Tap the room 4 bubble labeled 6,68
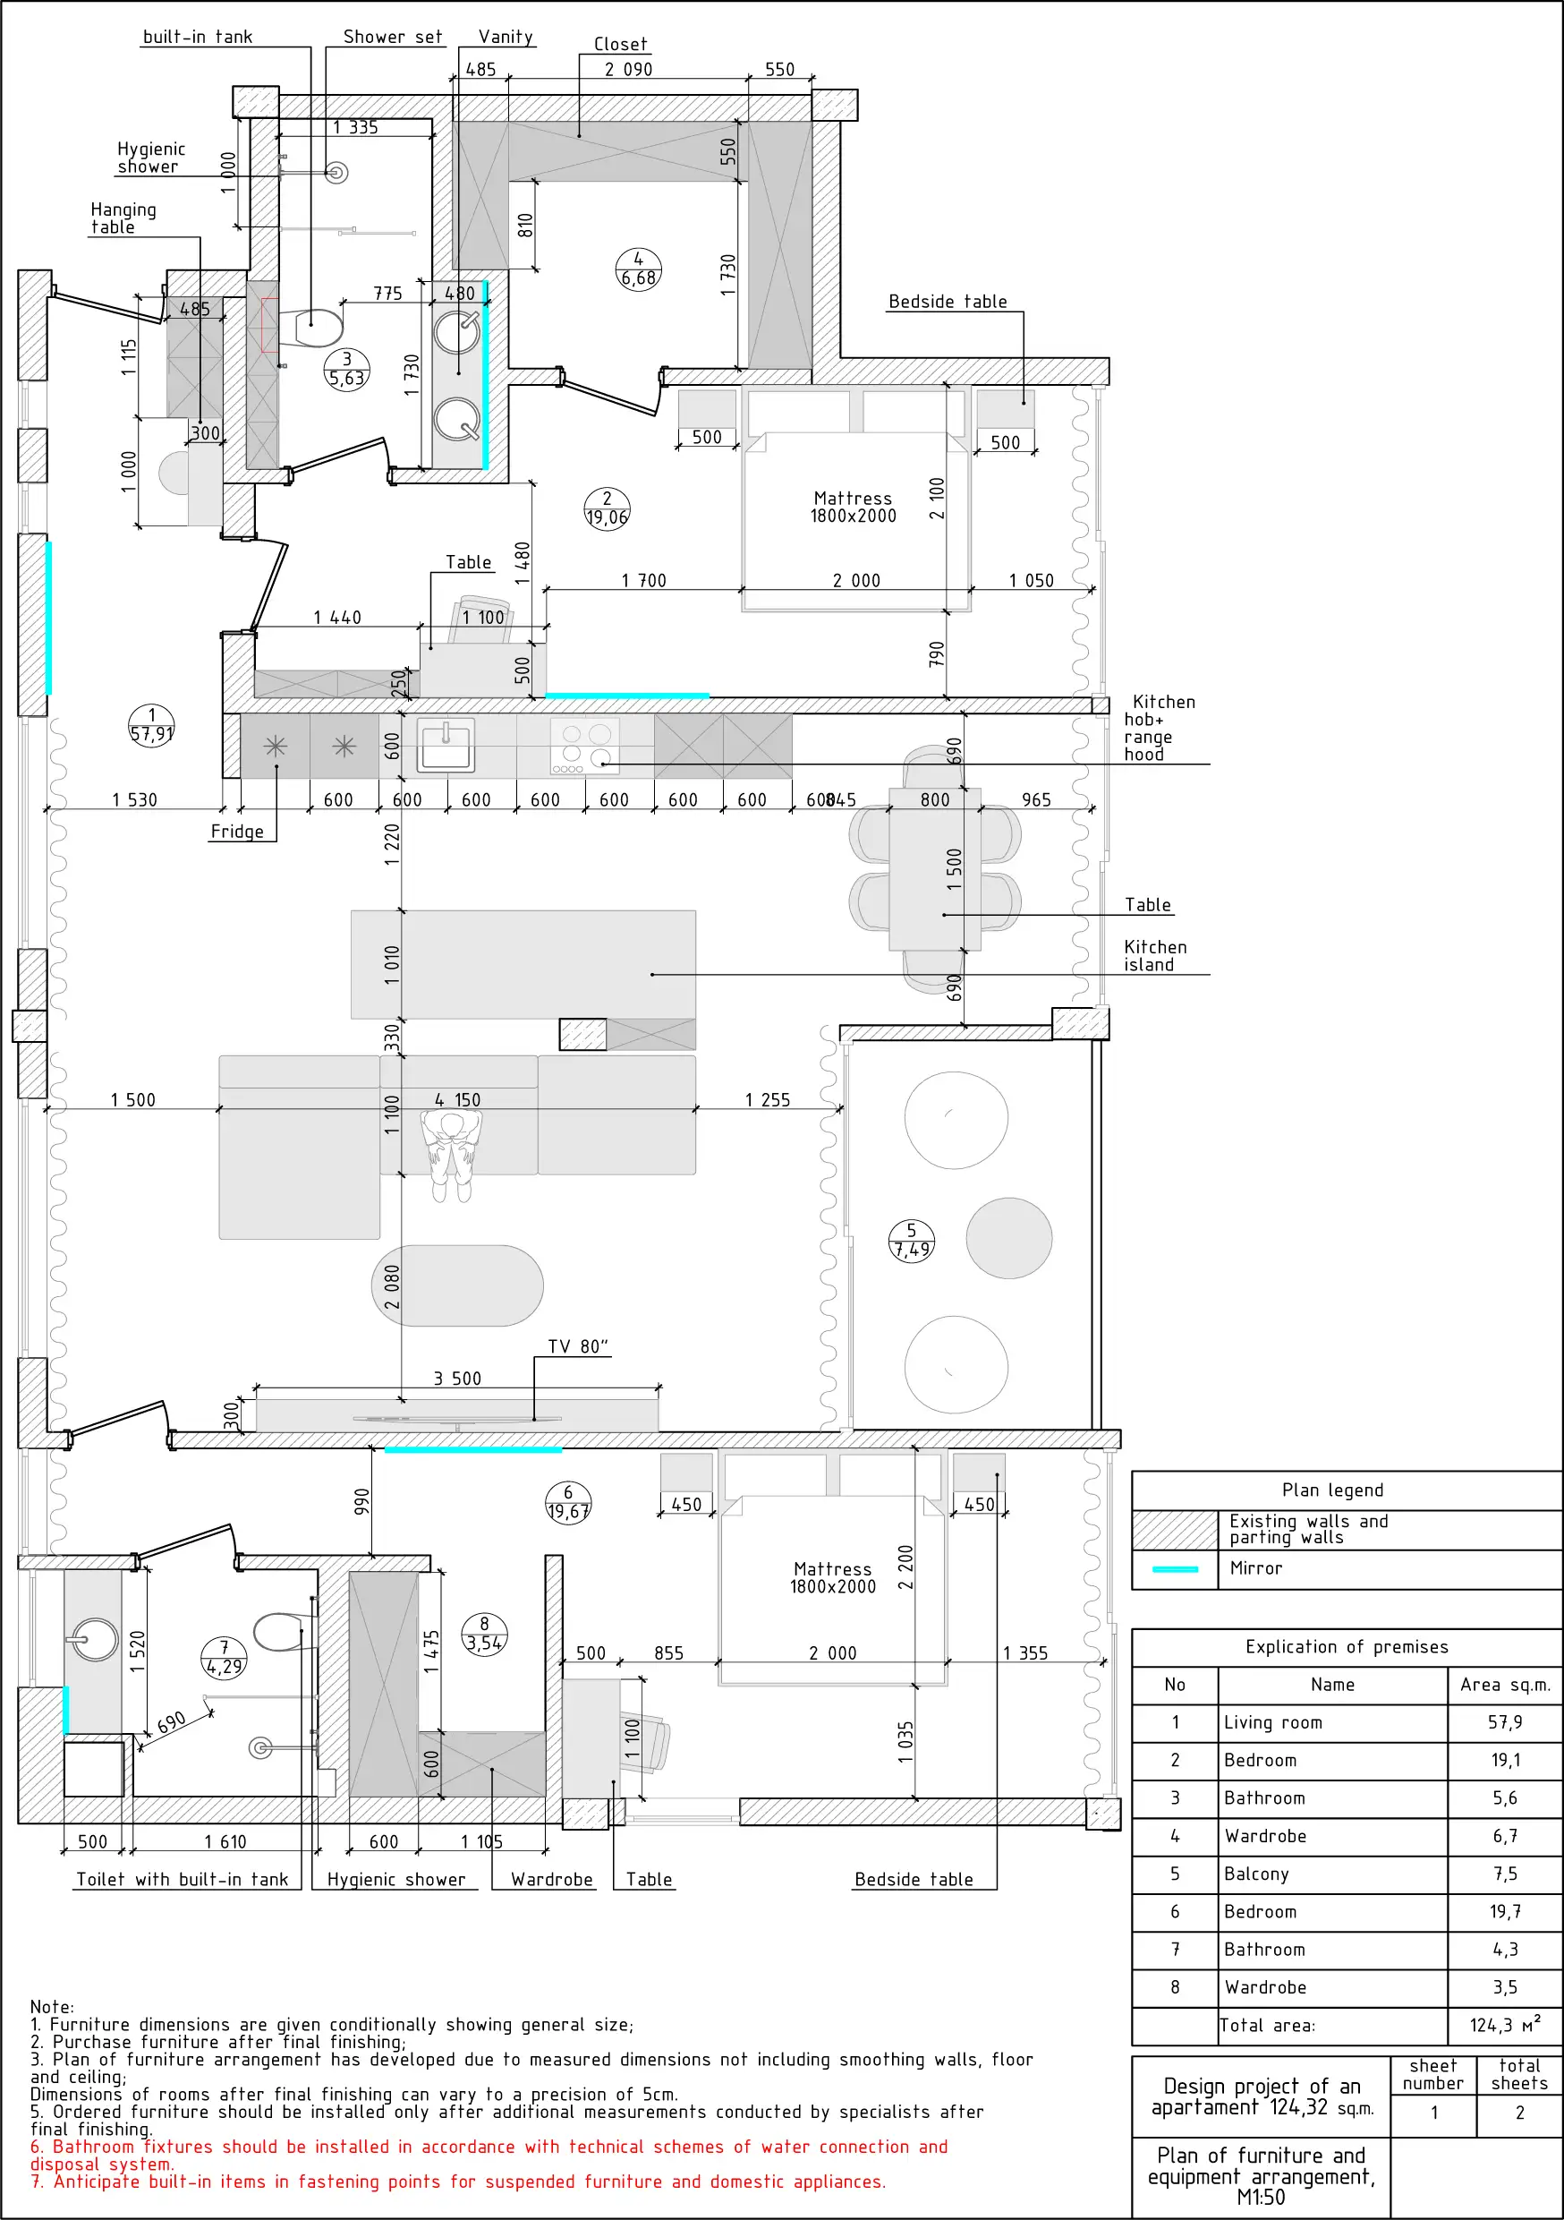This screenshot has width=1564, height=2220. pyautogui.click(x=638, y=269)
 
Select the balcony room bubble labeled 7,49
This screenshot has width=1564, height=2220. pyautogui.click(x=912, y=1241)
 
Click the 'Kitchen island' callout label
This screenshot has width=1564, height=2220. pyautogui.click(x=1155, y=955)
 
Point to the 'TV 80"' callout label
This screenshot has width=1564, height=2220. pyautogui.click(x=578, y=1347)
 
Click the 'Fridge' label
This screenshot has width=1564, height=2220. pyautogui.click(x=237, y=832)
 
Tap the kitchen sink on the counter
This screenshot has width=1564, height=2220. pyautogui.click(x=446, y=746)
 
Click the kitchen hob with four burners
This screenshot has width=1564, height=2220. pyautogui.click(x=585, y=747)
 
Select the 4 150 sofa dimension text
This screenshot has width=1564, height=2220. pyautogui.click(x=457, y=1100)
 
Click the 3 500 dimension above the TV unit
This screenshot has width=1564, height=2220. pyautogui.click(x=457, y=1379)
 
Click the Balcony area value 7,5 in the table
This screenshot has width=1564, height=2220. pyautogui.click(x=1505, y=1874)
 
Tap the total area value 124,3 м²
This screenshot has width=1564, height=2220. pyautogui.click(x=1505, y=2025)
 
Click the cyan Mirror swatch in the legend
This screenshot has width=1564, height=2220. pyautogui.click(x=1176, y=1569)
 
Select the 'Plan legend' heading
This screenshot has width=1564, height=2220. pyautogui.click(x=1332, y=1490)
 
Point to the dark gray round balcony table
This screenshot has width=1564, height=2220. pyautogui.click(x=1009, y=1239)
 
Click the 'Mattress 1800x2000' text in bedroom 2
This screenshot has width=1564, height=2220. pyautogui.click(x=853, y=507)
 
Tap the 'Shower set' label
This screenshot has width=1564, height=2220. pyautogui.click(x=393, y=37)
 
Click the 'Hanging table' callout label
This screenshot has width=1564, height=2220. pyautogui.click(x=123, y=218)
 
